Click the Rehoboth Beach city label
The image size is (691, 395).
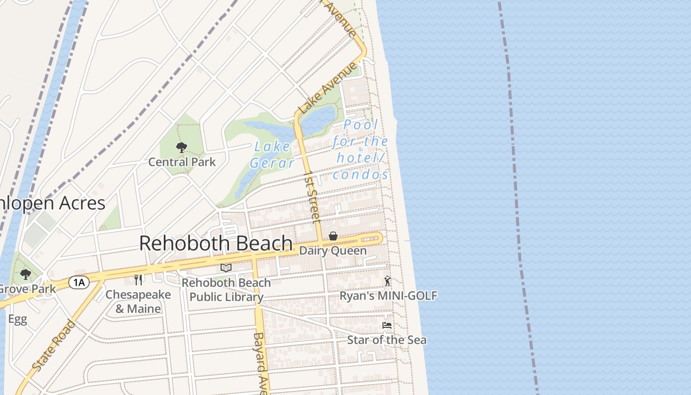point(216,243)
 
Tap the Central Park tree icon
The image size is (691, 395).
point(182,147)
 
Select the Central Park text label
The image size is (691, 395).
point(182,161)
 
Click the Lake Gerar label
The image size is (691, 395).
point(272,155)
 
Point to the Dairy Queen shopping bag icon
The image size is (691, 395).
point(333,237)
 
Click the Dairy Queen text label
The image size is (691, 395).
point(333,250)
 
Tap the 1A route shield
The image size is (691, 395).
point(78,282)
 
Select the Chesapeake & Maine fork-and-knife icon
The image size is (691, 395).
point(139,280)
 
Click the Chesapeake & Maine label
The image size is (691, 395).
point(138,302)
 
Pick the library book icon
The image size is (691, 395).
point(226,268)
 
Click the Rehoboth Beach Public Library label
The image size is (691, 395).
point(226,290)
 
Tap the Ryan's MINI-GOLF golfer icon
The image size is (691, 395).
point(387,281)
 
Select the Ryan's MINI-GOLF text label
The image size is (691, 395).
point(388,296)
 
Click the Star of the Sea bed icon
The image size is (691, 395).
point(387,326)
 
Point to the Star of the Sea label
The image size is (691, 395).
point(387,340)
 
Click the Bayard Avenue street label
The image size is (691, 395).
point(260,363)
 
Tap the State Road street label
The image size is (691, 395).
point(54,346)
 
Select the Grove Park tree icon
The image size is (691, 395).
point(25,275)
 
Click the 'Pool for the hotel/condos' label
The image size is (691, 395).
point(360,150)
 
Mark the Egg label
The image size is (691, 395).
point(17,319)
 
